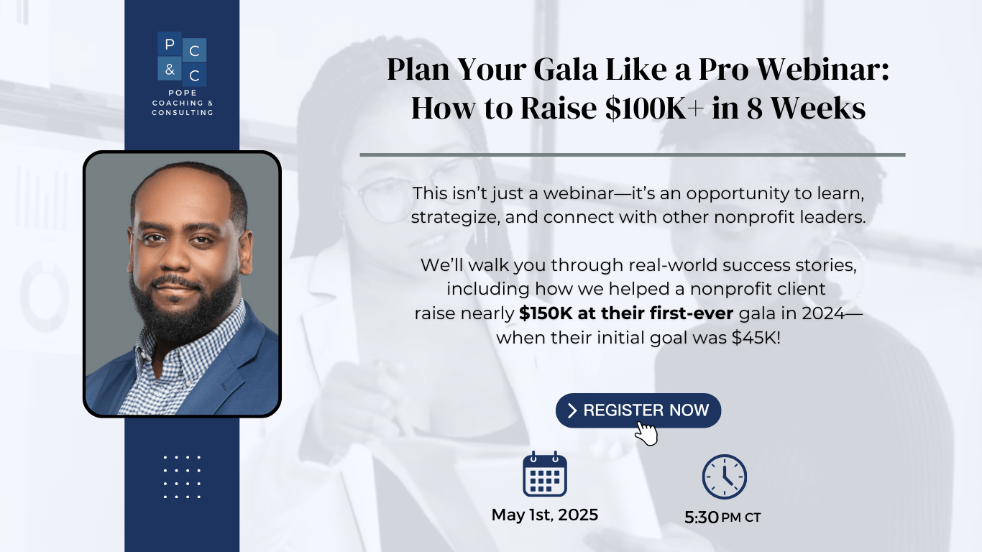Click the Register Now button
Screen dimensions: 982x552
coord(638,410)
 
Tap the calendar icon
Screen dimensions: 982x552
coord(545,474)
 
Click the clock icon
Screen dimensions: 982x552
coord(724,477)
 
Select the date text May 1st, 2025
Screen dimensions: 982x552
coord(544,515)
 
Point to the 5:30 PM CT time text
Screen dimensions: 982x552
coord(722,517)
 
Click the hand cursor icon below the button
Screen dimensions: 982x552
coord(646,433)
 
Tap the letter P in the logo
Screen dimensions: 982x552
coord(170,44)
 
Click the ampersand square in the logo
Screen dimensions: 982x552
coord(170,69)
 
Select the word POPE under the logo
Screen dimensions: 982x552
coord(183,93)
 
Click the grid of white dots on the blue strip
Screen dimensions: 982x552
coord(182,477)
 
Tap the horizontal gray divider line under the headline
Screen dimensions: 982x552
coord(633,155)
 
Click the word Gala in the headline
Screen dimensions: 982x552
coord(566,69)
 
